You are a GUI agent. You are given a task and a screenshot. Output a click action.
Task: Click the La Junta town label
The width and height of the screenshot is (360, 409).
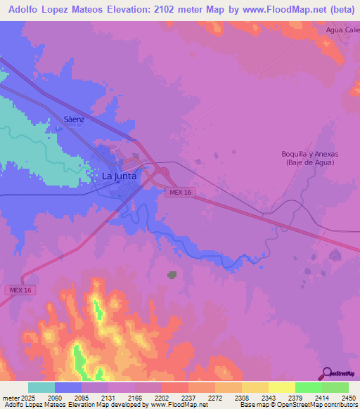(x=119, y=176)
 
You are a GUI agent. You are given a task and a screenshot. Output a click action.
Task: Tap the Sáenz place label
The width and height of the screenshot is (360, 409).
(x=74, y=119)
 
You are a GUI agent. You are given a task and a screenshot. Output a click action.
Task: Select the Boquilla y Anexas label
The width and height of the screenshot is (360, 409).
(x=310, y=154)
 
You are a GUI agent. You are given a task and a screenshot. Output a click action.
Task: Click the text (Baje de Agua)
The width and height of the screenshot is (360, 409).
(x=310, y=162)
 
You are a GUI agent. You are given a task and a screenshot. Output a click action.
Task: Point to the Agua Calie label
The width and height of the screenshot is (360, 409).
(x=342, y=30)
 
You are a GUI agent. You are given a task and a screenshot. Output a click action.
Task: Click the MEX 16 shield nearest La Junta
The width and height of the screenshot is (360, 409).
(x=176, y=192)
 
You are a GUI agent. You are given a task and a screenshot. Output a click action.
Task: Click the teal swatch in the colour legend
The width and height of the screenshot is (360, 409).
(x=41, y=387)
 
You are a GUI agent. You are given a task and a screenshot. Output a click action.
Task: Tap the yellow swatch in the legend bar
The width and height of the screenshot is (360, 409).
(x=281, y=387)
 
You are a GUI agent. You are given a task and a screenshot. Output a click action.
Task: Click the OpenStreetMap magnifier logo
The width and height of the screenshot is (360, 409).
(x=326, y=373)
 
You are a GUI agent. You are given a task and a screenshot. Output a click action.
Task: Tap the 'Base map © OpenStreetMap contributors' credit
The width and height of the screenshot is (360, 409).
(x=297, y=405)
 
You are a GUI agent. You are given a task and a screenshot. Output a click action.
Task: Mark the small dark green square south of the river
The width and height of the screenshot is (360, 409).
(x=172, y=275)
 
